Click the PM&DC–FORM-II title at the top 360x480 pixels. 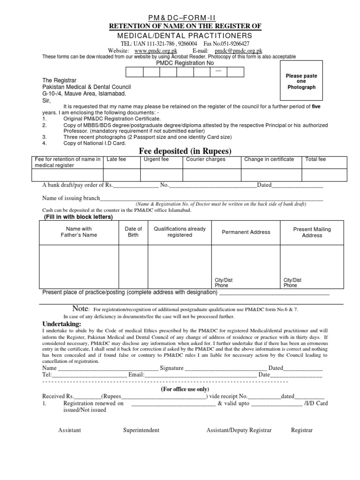coord(180,17)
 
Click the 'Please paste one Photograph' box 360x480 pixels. coord(301,82)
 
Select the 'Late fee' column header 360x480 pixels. coord(116,159)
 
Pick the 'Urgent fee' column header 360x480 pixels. coord(156,159)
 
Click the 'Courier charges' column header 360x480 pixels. coord(206,159)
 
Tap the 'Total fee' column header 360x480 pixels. coord(316,159)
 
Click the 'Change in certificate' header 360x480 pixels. coord(269,159)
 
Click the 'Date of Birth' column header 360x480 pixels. coord(133,232)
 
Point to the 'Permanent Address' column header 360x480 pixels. coord(246,232)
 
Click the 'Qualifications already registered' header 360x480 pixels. coord(180,232)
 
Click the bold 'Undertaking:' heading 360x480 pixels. coord(62,324)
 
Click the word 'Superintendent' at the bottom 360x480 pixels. coord(141,430)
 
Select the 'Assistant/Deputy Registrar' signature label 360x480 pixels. coord(239,430)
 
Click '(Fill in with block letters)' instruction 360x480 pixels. coord(78,217)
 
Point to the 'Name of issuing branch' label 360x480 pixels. coord(71,198)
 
